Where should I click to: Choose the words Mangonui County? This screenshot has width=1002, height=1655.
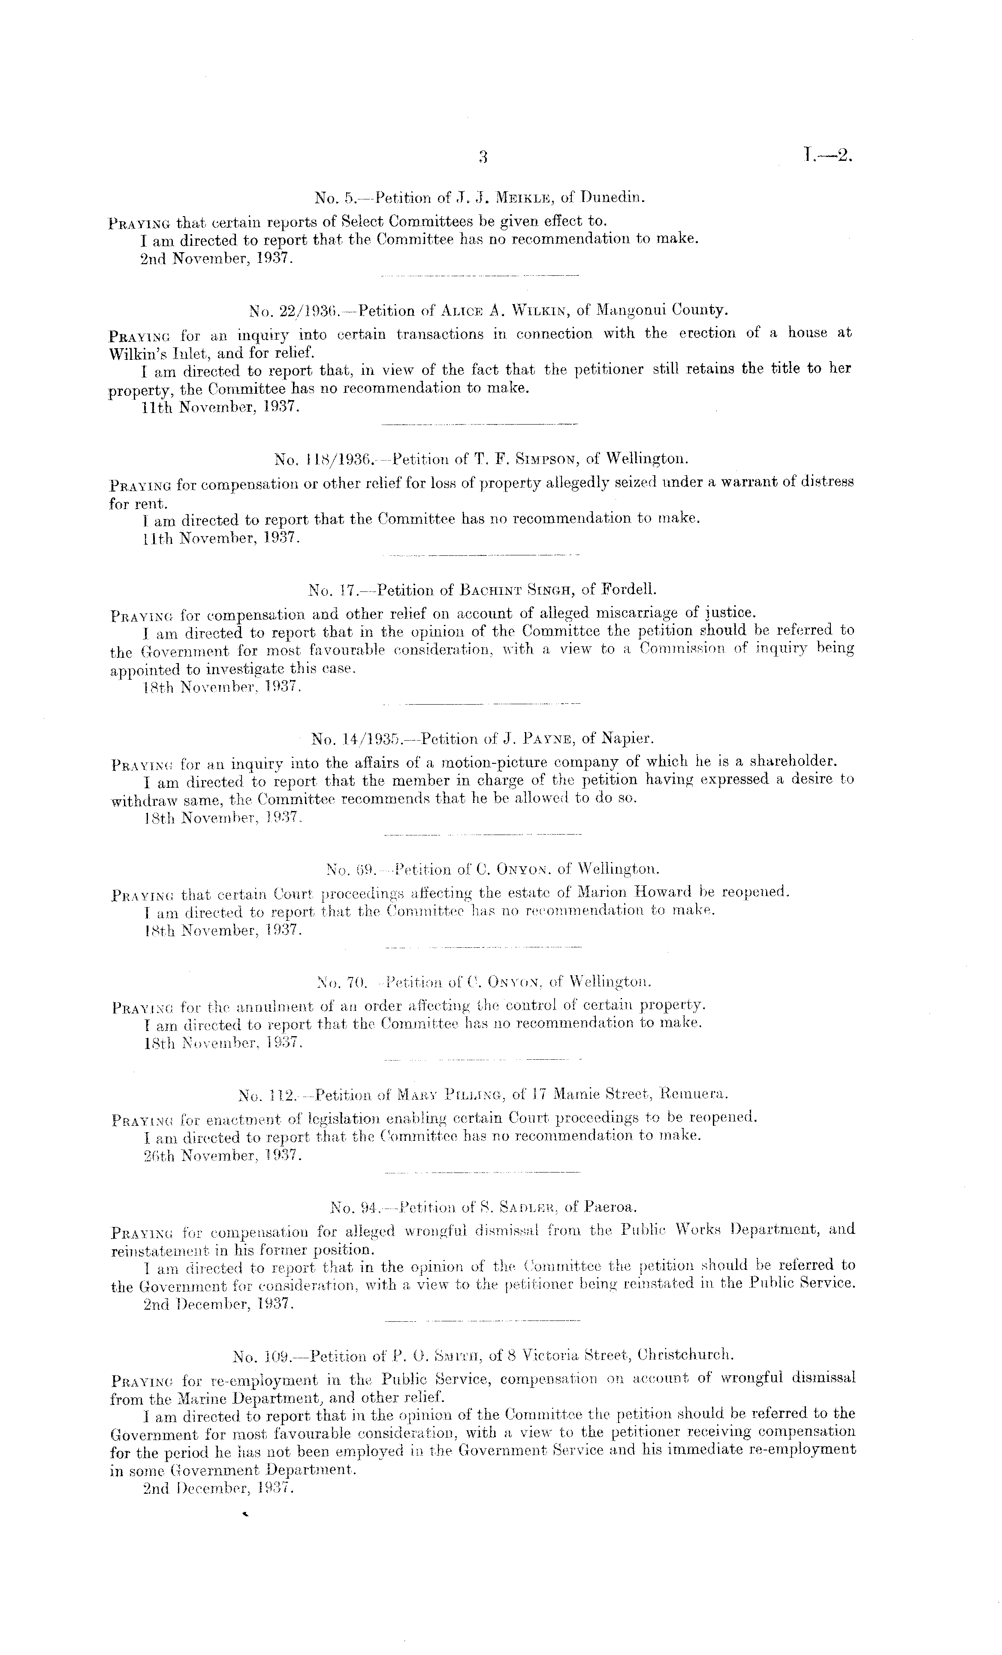(661, 311)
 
